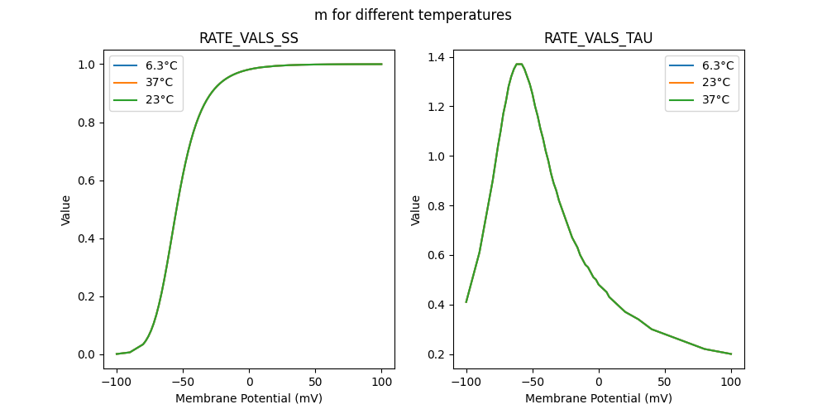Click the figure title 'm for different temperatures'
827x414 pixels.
coord(413,15)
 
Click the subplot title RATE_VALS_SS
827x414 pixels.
coord(249,39)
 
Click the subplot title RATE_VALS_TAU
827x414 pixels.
coord(598,39)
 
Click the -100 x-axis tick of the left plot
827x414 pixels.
coord(117,382)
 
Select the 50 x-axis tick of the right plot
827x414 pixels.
coord(664,382)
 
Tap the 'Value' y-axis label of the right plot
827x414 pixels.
coord(416,210)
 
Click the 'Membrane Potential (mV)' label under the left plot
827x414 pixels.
coord(249,398)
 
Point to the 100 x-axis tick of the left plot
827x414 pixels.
coord(381,382)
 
